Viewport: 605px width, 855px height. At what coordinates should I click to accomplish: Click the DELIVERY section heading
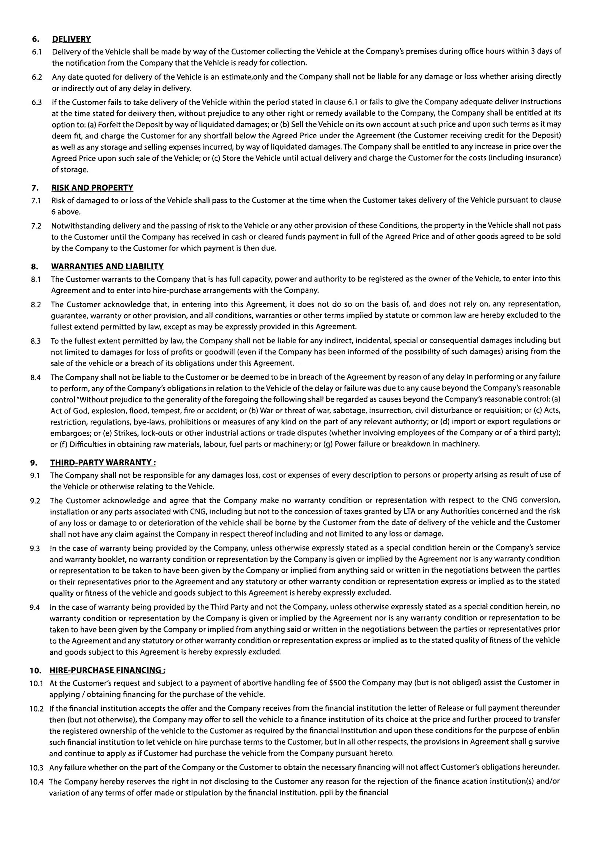tap(71, 39)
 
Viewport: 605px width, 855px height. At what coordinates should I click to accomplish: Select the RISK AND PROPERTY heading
tap(92, 188)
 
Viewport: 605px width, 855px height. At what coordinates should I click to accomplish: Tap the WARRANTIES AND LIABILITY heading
tap(107, 266)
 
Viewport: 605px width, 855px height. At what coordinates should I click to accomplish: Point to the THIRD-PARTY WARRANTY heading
tap(103, 462)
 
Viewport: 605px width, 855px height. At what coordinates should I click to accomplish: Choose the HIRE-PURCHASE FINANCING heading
tap(107, 670)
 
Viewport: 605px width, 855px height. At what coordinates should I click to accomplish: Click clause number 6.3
tap(37, 102)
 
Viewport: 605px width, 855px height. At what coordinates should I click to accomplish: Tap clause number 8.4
tap(36, 378)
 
